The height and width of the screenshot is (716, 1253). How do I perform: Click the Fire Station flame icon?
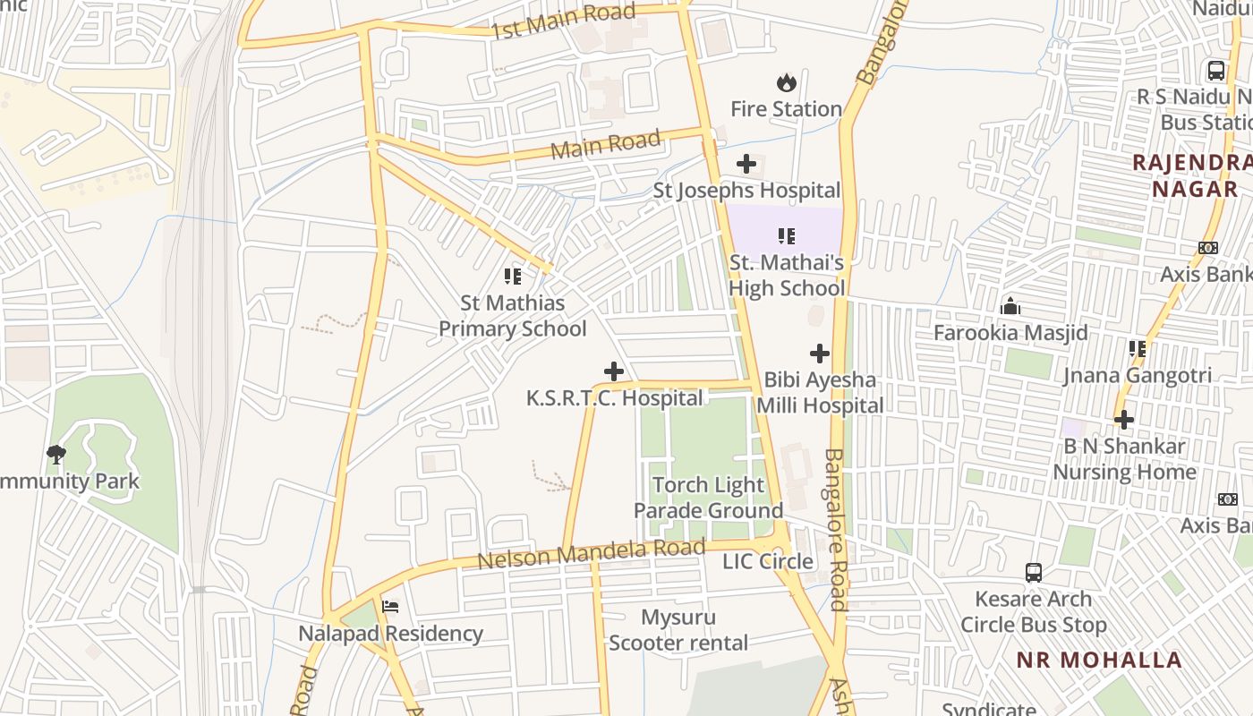(x=786, y=83)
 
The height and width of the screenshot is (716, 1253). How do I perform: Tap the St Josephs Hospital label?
(x=746, y=191)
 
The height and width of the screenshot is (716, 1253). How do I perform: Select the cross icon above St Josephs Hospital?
(x=746, y=164)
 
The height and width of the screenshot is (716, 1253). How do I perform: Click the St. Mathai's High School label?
(x=786, y=276)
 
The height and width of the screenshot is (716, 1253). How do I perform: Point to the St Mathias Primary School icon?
(x=513, y=276)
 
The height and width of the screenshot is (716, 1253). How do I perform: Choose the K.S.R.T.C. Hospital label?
(x=614, y=398)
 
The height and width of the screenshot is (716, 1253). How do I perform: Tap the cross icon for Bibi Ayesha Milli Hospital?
(x=819, y=354)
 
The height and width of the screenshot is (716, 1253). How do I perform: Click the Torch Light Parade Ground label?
(x=708, y=498)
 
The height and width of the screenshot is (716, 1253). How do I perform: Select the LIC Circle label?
(x=768, y=562)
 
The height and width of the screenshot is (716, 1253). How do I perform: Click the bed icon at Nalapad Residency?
(x=389, y=607)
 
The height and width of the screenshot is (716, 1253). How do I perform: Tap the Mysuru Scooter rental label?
(x=678, y=630)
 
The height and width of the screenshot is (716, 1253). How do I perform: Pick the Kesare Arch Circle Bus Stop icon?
(x=1033, y=572)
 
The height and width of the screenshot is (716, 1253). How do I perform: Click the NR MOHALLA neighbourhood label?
(x=1099, y=661)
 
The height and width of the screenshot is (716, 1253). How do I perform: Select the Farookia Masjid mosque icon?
(x=1010, y=307)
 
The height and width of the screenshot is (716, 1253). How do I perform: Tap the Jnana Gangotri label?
(x=1137, y=376)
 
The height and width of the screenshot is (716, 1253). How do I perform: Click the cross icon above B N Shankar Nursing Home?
(x=1124, y=419)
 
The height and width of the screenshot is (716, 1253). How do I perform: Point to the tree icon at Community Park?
(x=56, y=455)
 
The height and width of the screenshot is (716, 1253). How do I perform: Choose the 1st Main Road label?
(x=564, y=21)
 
